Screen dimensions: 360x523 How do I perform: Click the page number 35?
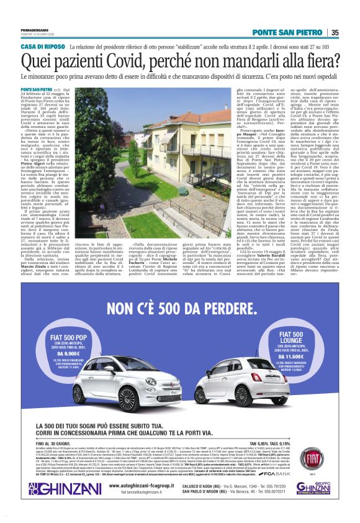(335, 32)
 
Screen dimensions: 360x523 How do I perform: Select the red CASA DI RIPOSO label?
(43, 47)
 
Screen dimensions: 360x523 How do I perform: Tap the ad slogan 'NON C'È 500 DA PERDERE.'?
(179, 309)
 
